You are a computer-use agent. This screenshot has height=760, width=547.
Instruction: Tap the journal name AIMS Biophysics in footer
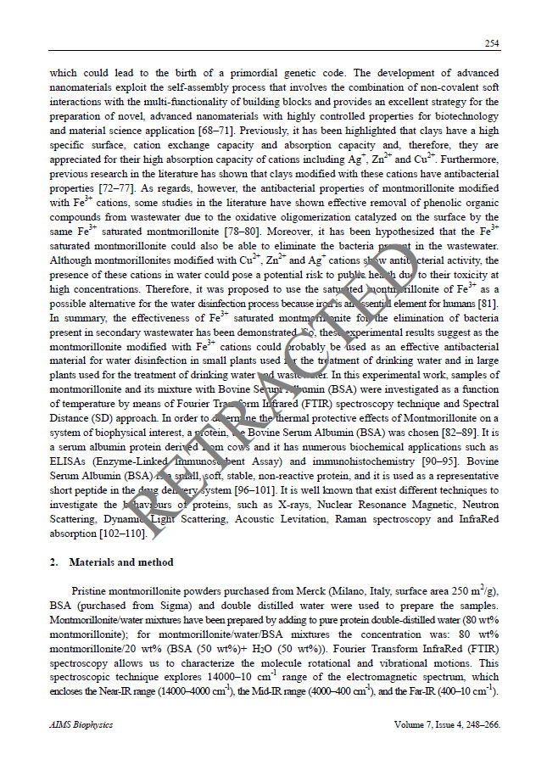coord(81,725)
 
